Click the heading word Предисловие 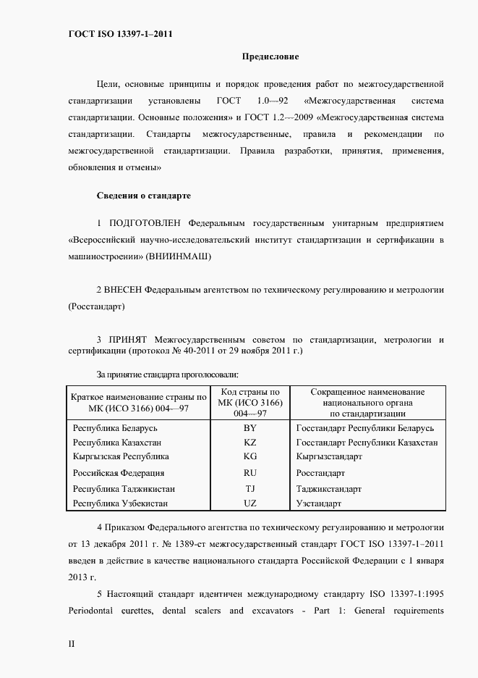coord(270,56)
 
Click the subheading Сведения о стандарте coord(143,196)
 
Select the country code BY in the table coord(250,428)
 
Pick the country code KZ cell coord(250,443)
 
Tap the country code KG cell coord(250,457)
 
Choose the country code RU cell coord(250,473)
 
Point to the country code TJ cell coord(250,489)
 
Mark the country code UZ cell coord(250,503)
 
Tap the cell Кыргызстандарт coord(329,457)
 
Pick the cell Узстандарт coord(319,503)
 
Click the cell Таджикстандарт coord(329,489)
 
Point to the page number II coord(71,643)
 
